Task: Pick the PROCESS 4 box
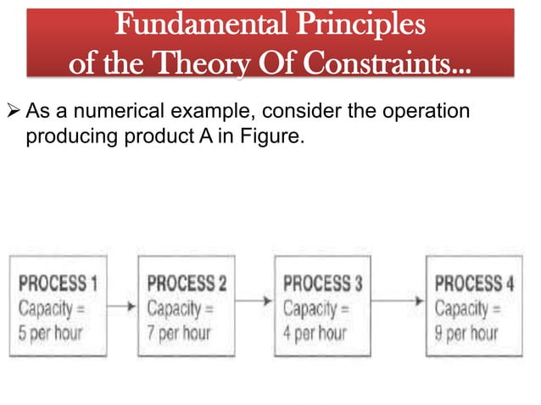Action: point(472,307)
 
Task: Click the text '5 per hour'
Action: point(52,332)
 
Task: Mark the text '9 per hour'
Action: point(466,332)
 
